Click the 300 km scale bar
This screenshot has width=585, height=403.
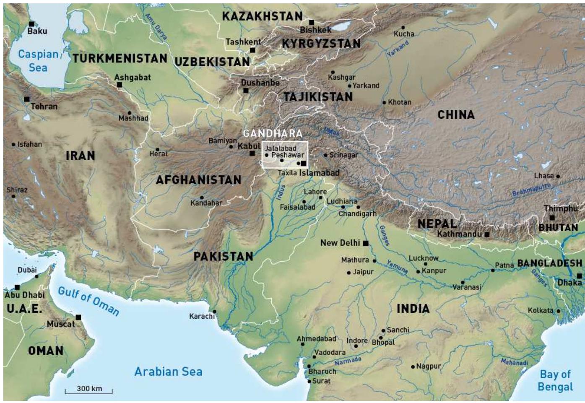pyautogui.click(x=89, y=390)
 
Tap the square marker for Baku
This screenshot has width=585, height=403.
pyautogui.click(x=31, y=24)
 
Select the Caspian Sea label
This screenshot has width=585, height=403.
pyautogui.click(x=38, y=61)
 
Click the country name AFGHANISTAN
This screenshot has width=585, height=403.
pyautogui.click(x=198, y=180)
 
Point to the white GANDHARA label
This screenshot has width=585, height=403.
pyautogui.click(x=273, y=133)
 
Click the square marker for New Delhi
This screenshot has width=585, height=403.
pyautogui.click(x=366, y=243)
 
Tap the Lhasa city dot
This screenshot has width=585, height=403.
pyautogui.click(x=558, y=176)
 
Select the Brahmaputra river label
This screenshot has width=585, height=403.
pyautogui.click(x=531, y=190)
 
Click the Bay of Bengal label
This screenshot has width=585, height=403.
pyautogui.click(x=555, y=380)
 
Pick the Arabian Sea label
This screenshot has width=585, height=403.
pyautogui.click(x=168, y=372)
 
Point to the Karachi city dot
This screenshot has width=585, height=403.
pyautogui.click(x=214, y=312)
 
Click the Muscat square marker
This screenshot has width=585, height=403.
pyautogui.click(x=78, y=317)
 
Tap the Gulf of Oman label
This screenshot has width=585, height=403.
pyautogui.click(x=88, y=301)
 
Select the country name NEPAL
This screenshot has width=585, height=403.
pyautogui.click(x=437, y=224)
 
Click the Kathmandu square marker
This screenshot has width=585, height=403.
pyautogui.click(x=486, y=234)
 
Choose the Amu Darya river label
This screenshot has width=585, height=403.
pyautogui.click(x=156, y=26)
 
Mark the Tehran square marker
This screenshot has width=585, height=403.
pyautogui.click(x=27, y=99)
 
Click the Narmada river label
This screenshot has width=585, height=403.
pyautogui.click(x=348, y=361)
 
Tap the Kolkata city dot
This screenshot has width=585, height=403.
pyautogui.click(x=558, y=311)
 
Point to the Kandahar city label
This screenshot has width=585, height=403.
pyautogui.click(x=206, y=203)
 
